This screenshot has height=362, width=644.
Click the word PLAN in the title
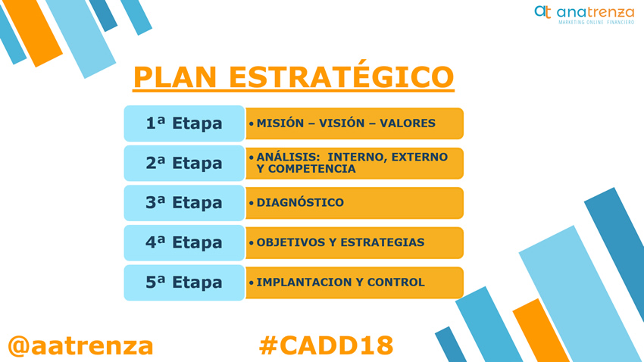coord(175,76)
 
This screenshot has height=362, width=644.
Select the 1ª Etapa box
coord(184,123)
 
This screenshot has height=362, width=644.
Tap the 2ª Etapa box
coord(184,164)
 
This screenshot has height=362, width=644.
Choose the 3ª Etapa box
coord(184,203)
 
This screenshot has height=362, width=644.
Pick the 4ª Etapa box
coord(184,243)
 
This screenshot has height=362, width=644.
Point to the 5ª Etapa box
coord(184,282)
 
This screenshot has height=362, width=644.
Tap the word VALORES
coord(408,123)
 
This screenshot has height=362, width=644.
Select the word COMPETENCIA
coord(311,169)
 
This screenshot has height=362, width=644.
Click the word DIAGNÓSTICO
coord(300,202)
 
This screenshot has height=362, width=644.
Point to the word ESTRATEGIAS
coord(383,242)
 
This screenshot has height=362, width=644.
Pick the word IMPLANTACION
coord(305,282)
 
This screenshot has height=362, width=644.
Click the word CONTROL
coord(396,282)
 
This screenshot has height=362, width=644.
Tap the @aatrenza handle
coord(80,345)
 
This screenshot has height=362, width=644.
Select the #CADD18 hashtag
coord(327,345)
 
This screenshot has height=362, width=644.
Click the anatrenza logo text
coord(595,12)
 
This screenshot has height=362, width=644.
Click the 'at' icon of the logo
coord(542,11)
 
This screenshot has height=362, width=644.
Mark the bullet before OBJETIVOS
coord(252,243)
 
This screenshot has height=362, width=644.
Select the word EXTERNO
coord(419,158)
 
